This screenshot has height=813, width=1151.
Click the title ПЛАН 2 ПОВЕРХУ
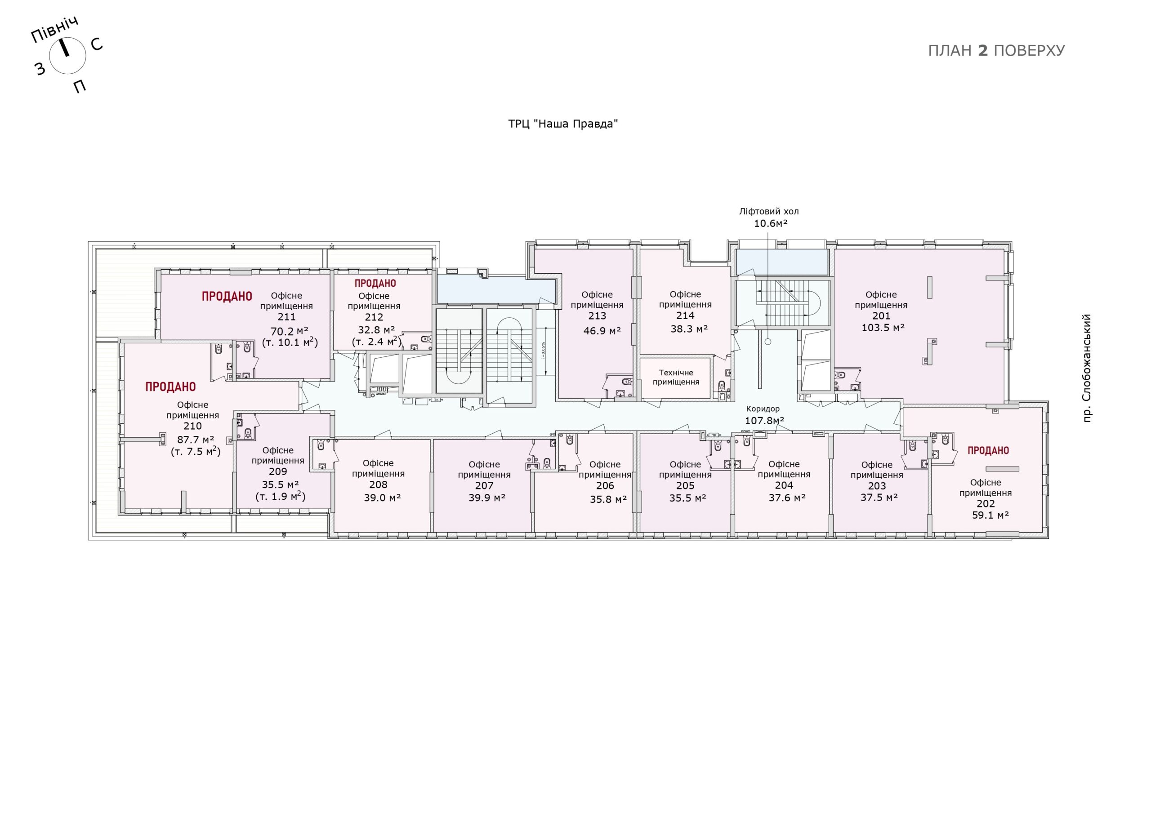996,51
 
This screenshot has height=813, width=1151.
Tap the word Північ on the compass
55,30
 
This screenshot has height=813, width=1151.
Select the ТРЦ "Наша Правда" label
563,124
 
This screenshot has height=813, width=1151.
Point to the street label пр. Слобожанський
1087,368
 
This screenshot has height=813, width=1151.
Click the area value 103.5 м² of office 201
883,328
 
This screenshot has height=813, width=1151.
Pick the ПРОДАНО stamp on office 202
988,451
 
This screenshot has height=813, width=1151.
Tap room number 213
597,316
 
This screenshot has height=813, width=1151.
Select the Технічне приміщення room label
676,377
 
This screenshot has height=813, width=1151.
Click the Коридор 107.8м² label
764,415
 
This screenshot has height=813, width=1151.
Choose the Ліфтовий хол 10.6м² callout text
769,218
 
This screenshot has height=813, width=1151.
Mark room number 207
484,485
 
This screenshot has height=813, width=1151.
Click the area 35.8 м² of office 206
608,499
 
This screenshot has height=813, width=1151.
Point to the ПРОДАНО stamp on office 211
227,297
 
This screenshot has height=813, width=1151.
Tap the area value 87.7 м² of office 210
196,440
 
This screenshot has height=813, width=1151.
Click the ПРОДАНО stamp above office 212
375,284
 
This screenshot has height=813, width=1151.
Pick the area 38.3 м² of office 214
689,329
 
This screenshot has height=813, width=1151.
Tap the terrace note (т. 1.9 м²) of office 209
280,497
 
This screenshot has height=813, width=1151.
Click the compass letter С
97,44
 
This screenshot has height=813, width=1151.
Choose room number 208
378,484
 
